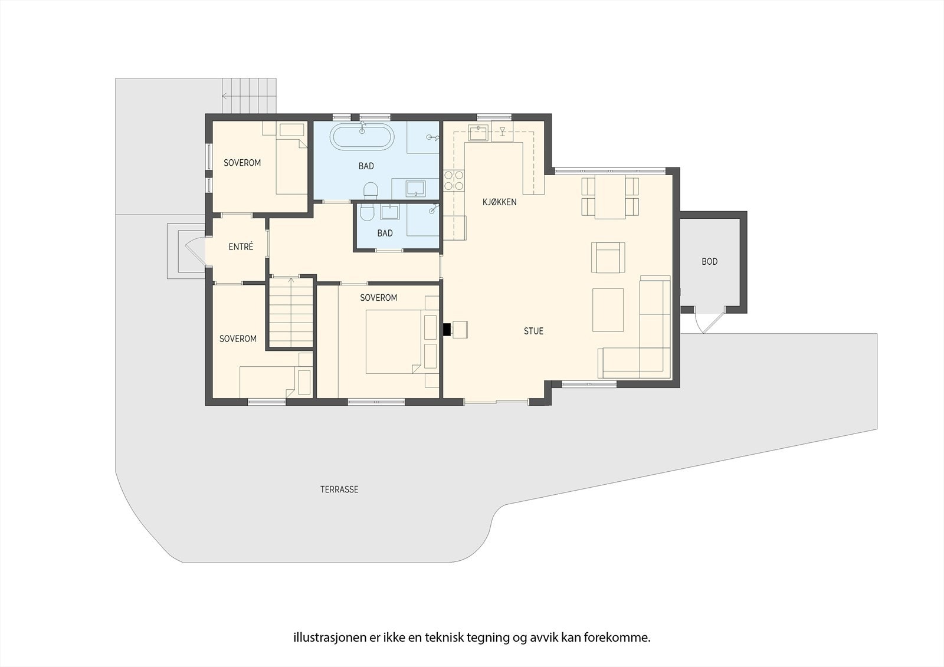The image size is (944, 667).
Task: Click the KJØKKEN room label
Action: [499, 202]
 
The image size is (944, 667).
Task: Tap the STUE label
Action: [533, 331]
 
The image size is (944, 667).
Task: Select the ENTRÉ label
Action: [241, 247]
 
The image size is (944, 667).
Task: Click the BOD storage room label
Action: [709, 261]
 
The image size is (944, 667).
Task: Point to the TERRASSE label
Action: [339, 489]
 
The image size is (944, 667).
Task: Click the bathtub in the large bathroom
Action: [360, 137]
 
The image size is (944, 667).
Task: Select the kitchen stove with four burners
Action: [453, 180]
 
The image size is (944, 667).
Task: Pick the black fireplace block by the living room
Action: [447, 329]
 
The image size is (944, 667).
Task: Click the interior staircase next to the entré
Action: [290, 313]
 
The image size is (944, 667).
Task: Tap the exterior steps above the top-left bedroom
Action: [249, 95]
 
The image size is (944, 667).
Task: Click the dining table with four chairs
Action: [610, 197]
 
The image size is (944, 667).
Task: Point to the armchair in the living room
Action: [608, 257]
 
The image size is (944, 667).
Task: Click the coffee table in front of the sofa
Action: [608, 310]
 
